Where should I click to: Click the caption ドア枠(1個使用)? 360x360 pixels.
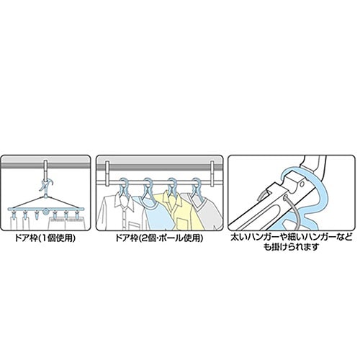coord(45,238)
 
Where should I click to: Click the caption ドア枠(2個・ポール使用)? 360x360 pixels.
coord(159,238)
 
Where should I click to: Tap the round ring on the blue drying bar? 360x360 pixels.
coord(45,212)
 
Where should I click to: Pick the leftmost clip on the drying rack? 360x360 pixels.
coord(13,214)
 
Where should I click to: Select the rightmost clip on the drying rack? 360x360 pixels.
coord(77,214)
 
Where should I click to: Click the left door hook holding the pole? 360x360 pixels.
coord(107,174)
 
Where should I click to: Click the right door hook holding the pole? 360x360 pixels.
coord(212,174)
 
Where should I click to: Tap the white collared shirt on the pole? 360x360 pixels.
coord(121,211)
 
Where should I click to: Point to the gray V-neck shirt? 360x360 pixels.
coord(207,210)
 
